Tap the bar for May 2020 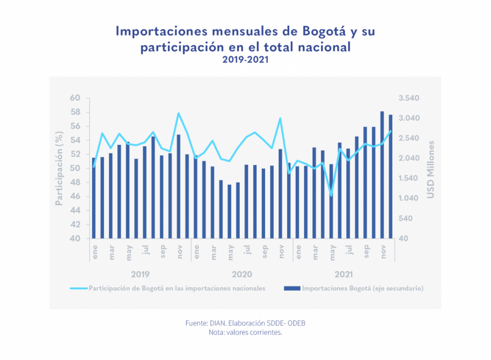click(229, 211)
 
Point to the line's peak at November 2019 click(178, 114)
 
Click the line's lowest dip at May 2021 click(331, 195)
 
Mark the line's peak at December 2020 click(280, 118)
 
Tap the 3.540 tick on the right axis click(409, 98)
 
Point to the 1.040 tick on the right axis click(409, 198)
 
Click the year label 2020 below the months click(242, 275)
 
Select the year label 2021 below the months click(344, 275)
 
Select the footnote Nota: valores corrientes click(245, 332)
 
